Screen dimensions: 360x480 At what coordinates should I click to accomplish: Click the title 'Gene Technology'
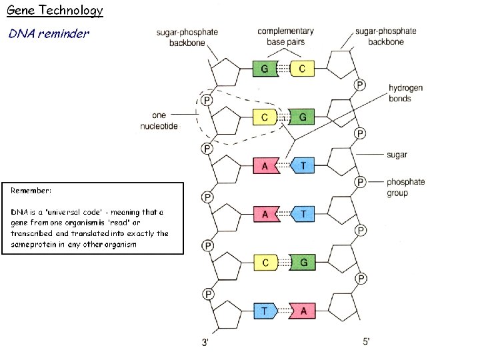[x=55, y=10]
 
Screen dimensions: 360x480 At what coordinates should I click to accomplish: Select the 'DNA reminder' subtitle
[x=48, y=33]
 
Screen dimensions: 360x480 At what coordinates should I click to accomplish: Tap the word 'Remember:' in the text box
[x=31, y=190]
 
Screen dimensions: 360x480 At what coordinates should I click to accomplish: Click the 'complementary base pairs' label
[x=285, y=37]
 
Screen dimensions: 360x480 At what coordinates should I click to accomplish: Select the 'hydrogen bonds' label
[x=405, y=93]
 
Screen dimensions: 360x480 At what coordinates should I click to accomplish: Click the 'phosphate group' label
[x=405, y=187]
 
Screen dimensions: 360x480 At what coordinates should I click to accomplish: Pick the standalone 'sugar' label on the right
[x=397, y=155]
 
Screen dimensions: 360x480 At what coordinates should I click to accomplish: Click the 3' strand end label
[x=207, y=343]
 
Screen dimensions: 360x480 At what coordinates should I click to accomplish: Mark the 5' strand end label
[x=366, y=341]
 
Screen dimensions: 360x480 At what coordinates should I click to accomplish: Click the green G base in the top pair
[x=265, y=69]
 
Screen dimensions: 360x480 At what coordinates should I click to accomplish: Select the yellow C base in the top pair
[x=302, y=69]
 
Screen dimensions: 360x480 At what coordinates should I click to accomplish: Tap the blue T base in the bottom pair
[x=265, y=311]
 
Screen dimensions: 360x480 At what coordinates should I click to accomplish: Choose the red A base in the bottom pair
[x=303, y=311]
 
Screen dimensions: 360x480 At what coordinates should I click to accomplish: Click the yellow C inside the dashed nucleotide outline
[x=265, y=117]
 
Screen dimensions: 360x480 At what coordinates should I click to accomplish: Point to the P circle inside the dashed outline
[x=207, y=100]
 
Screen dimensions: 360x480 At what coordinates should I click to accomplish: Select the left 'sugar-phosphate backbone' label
[x=187, y=36]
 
